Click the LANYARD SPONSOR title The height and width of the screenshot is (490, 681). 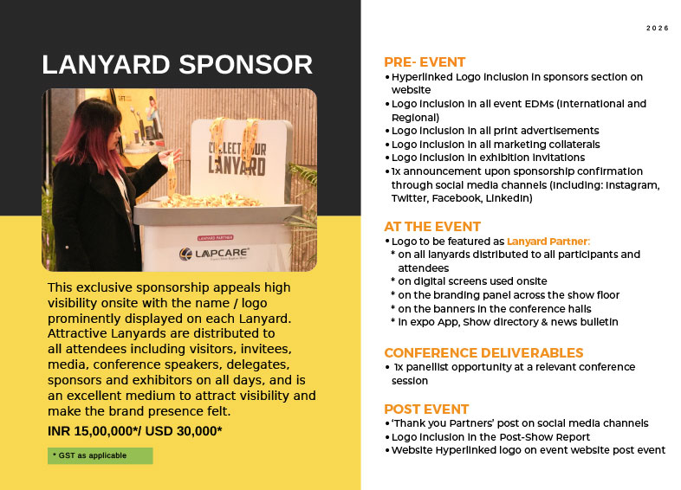pos(178,65)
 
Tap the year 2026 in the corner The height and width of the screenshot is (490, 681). pos(657,29)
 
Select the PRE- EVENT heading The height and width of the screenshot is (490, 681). pos(425,62)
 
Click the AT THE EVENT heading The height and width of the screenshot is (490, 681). pos(432,227)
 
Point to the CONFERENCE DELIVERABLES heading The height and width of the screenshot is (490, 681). pos(483,352)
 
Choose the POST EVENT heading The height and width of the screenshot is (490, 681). pos(426,409)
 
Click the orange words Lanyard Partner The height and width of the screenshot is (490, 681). pos(548,242)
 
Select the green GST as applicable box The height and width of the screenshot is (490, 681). pos(101,455)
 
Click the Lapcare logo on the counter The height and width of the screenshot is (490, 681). pos(214,254)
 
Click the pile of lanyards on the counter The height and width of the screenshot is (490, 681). pos(211,201)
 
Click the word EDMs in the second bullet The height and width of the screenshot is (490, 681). pos(539,104)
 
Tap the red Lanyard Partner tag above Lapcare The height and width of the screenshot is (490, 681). pos(216,238)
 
